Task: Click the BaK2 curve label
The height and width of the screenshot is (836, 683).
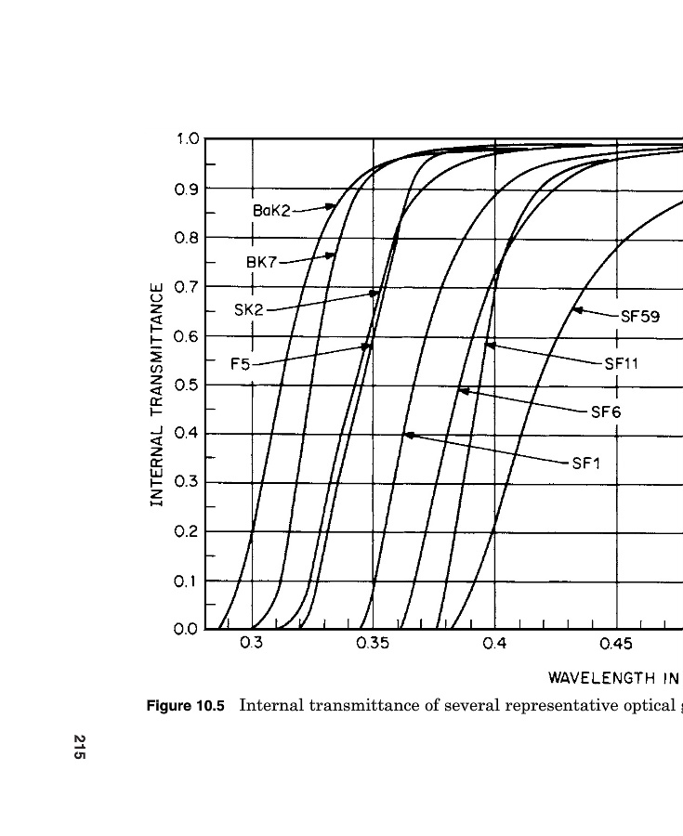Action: point(271,211)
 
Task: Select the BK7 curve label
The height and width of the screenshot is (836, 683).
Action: point(261,262)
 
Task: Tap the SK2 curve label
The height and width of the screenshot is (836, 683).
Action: point(249,309)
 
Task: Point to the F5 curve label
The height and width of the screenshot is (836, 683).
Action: point(240,364)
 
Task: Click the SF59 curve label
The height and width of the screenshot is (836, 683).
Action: point(639,316)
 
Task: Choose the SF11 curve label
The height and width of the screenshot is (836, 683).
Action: point(621,363)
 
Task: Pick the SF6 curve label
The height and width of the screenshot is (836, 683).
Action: point(605,412)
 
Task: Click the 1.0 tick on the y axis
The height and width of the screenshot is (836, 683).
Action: point(188,139)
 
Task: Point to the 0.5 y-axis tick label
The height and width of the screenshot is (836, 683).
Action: point(188,385)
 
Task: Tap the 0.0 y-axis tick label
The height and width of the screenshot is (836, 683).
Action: point(188,630)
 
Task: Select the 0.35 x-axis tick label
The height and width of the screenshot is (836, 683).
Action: point(373,644)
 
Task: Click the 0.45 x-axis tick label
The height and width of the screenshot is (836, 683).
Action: point(616,644)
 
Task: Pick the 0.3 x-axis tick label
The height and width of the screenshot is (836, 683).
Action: point(252,644)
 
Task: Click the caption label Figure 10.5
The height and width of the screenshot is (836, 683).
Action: point(186,705)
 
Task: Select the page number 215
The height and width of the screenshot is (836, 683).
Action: point(80,748)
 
